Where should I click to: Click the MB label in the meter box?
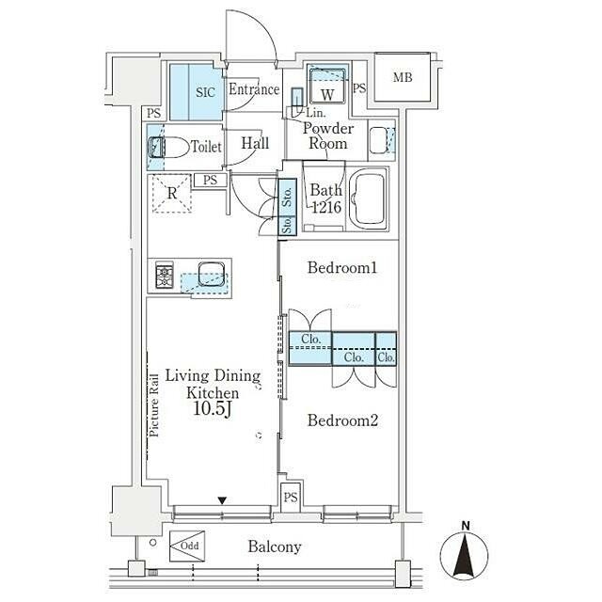[403, 77]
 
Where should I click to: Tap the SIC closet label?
[205, 92]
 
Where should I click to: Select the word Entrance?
[254, 89]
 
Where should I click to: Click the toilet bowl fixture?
[169, 147]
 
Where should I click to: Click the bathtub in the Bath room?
[369, 198]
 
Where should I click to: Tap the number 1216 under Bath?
[326, 207]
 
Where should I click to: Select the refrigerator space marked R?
[172, 194]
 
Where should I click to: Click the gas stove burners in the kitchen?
[165, 275]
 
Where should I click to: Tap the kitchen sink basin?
[211, 274]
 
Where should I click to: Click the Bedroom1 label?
[342, 267]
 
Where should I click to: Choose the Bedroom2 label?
[342, 420]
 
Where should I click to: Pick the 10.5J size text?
[213, 409]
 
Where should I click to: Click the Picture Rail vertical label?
[154, 405]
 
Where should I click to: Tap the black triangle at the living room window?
[222, 500]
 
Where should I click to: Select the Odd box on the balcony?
[187, 546]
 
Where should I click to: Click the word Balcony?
[275, 547]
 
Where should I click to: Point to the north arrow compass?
[464, 553]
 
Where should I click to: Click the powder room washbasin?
[381, 140]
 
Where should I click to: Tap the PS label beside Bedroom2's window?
[291, 498]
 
